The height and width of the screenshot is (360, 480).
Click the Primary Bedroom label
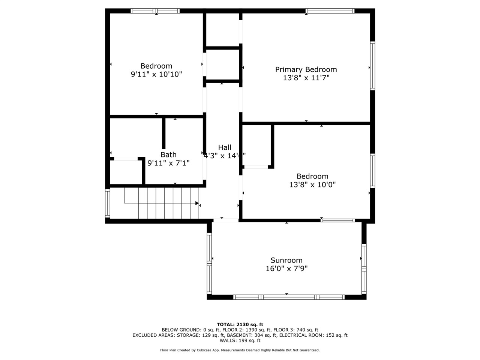tap(306, 69)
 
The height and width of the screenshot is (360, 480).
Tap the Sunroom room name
tap(286, 260)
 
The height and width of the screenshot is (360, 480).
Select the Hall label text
tap(225, 147)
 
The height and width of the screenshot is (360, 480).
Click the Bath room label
tap(168, 154)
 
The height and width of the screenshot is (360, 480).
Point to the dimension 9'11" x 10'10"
tap(156, 74)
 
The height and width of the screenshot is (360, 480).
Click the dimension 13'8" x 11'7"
tap(306, 78)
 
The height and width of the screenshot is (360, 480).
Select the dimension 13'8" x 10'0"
tap(312, 184)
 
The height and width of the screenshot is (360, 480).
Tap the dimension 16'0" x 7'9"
tap(286, 269)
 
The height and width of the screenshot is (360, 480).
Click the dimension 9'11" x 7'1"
tap(168, 163)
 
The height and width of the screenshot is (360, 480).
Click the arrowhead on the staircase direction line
tap(197, 203)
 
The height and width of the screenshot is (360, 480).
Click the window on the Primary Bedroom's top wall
tap(330, 11)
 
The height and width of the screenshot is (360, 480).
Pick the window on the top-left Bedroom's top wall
tap(155, 11)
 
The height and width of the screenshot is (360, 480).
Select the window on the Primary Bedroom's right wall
tap(372, 66)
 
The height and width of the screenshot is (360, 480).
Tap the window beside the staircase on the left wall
tap(108, 203)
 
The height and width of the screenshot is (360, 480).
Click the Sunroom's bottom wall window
tap(289, 297)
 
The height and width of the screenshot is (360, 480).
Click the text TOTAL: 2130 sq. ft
tap(240, 324)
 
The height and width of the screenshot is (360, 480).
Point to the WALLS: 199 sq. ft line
tap(240, 340)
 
